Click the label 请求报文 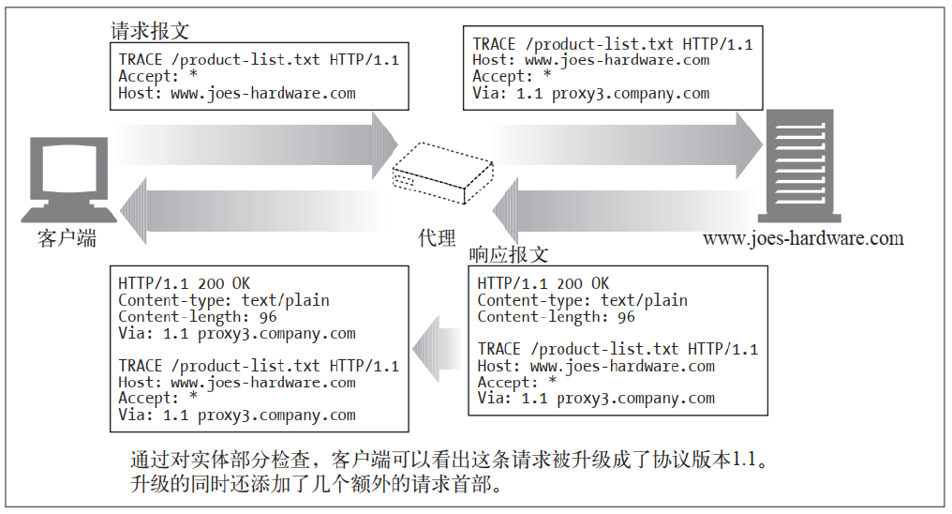tap(150, 31)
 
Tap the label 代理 tap(437, 238)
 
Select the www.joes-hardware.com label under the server tap(803, 238)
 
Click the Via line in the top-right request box tap(590, 94)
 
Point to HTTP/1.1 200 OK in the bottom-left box tap(185, 283)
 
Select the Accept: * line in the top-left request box tap(157, 77)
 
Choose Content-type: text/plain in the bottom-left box tap(224, 300)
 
